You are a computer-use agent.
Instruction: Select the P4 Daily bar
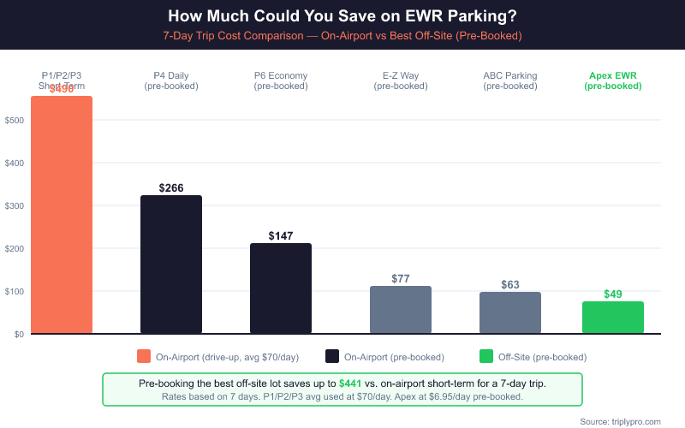click(x=171, y=265)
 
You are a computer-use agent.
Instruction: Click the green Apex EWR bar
click(x=613, y=318)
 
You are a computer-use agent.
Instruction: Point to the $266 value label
click(x=171, y=187)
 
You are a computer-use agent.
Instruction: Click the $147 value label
click(x=281, y=235)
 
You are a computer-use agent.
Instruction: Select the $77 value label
click(x=401, y=278)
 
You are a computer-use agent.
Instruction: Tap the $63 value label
click(x=510, y=284)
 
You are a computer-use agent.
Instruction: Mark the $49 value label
click(x=613, y=294)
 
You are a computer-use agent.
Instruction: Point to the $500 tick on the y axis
click(x=14, y=120)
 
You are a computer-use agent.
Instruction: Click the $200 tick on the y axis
click(x=14, y=248)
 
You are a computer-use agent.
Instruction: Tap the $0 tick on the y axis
click(x=18, y=334)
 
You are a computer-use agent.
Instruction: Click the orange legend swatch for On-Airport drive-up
click(x=144, y=356)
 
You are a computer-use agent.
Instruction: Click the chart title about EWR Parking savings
click(x=342, y=16)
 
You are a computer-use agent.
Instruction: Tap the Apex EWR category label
click(x=613, y=80)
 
